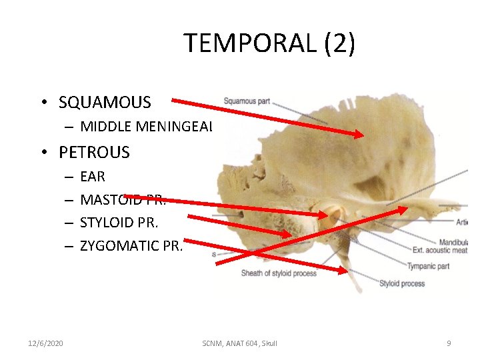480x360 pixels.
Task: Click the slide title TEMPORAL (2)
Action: [269, 43]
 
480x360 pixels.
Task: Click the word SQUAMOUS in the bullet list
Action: [105, 103]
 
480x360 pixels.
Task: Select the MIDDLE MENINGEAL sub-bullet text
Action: [145, 127]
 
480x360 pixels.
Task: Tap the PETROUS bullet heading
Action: [94, 153]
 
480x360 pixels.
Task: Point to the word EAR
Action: [93, 177]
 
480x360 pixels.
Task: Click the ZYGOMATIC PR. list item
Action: [129, 245]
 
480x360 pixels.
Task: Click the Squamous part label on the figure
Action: [247, 101]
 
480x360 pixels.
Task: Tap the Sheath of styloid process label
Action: [278, 273]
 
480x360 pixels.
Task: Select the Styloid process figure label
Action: [401, 283]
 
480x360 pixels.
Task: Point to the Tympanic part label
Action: [429, 266]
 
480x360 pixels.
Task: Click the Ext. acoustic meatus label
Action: [440, 251]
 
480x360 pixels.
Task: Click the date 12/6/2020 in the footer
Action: [45, 343]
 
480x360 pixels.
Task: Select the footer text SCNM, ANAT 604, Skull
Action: [239, 343]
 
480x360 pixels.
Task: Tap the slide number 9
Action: [449, 343]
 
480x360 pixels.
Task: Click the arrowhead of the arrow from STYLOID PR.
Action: [288, 234]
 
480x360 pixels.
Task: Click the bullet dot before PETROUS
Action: [42, 153]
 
